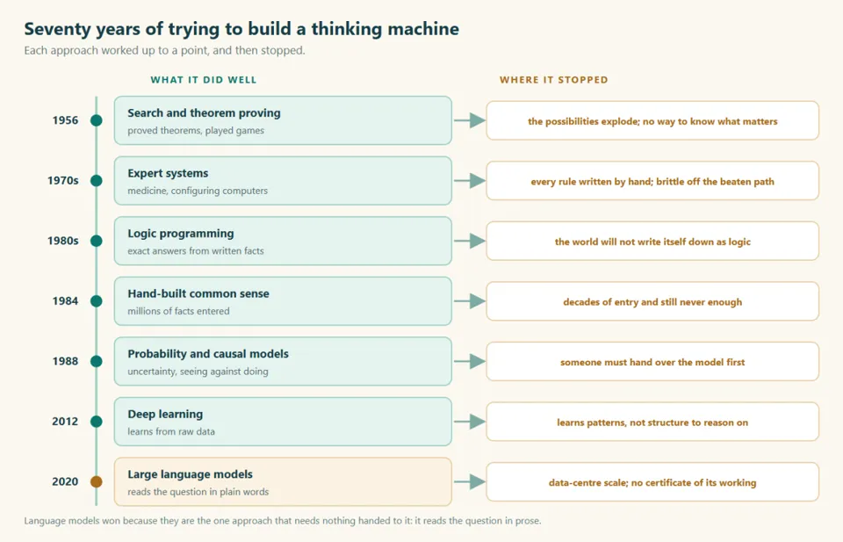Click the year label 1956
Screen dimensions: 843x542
tap(65, 120)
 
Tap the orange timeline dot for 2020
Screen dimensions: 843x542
tap(97, 481)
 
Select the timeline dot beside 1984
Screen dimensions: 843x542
tap(97, 301)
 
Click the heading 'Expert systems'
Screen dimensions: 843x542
tap(168, 174)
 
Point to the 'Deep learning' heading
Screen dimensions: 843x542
tap(165, 414)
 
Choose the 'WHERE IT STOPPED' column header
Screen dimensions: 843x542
tap(554, 80)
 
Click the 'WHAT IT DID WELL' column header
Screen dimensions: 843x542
tap(203, 80)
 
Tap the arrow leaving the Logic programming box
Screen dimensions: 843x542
tap(469, 241)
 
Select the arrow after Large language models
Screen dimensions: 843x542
tap(469, 481)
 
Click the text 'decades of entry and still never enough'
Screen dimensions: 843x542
tap(652, 302)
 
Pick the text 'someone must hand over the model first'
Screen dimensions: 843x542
tap(652, 363)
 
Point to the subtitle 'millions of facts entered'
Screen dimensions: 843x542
tap(178, 311)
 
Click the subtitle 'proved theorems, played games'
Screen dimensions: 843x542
tap(196, 131)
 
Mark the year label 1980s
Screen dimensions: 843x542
tap(63, 241)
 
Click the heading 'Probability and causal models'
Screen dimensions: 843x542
tap(208, 354)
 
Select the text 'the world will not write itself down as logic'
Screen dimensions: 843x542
tap(652, 242)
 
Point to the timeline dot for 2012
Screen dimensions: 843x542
tap(97, 422)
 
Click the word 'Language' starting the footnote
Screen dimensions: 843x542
tap(45, 521)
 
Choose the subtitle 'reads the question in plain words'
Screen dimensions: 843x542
tap(198, 492)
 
